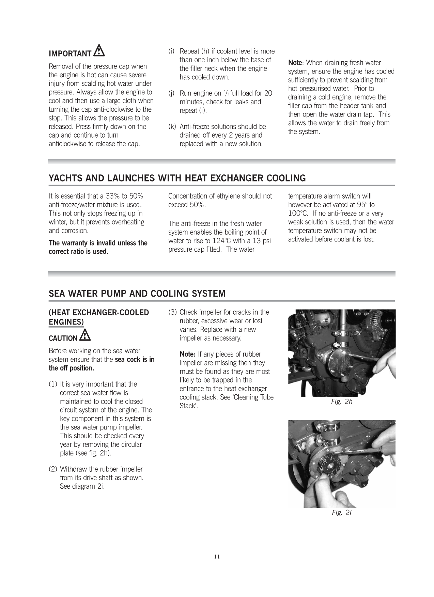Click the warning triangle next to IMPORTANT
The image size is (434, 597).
tap(100, 51)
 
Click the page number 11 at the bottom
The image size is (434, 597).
tap(217, 557)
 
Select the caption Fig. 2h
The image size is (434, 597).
tap(342, 402)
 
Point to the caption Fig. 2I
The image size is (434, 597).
tap(342, 513)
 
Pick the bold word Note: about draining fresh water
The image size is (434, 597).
tap(295, 63)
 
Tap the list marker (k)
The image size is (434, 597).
tap(172, 127)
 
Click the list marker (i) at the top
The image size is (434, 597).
tap(172, 51)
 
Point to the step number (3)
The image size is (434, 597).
tap(173, 312)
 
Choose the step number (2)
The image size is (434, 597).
tap(53, 469)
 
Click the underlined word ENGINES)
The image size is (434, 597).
tap(66, 322)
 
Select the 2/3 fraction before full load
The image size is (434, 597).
tap(226, 93)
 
